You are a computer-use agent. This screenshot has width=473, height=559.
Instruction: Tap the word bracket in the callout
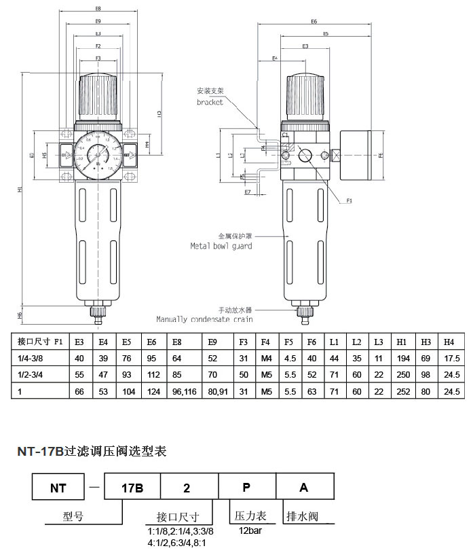coord(210,102)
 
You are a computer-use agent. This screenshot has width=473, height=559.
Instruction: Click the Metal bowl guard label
coord(221,246)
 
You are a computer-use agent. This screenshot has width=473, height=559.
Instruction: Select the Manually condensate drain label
coord(204,319)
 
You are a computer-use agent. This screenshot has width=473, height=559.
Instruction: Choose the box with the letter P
coord(246,488)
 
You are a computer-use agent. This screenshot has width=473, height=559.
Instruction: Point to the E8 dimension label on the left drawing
coord(98,10)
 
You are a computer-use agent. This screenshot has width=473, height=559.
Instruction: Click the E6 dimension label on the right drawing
coord(314,22)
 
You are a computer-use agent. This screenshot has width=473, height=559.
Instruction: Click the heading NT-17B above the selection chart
coord(40,451)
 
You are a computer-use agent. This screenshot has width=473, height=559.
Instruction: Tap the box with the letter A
coord(304,488)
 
